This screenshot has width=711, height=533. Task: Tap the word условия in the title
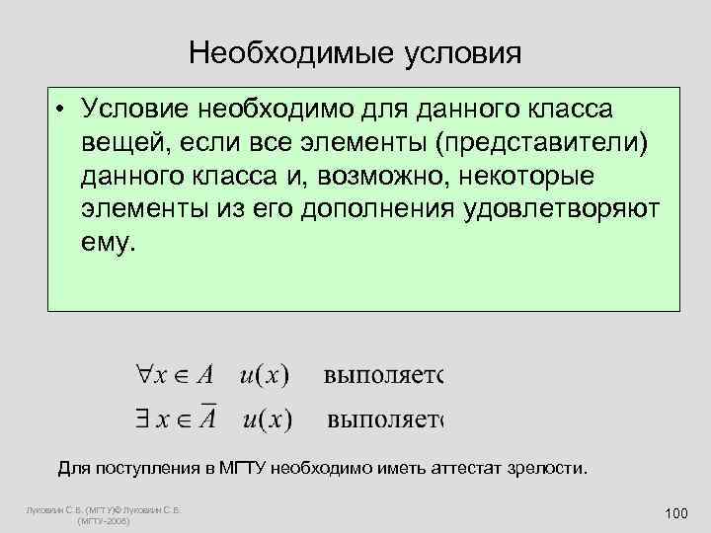click(459, 51)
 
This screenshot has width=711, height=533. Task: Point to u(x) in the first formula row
click(264, 376)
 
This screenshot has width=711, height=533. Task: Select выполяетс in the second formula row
click(386, 420)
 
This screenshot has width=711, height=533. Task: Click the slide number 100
click(676, 512)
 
